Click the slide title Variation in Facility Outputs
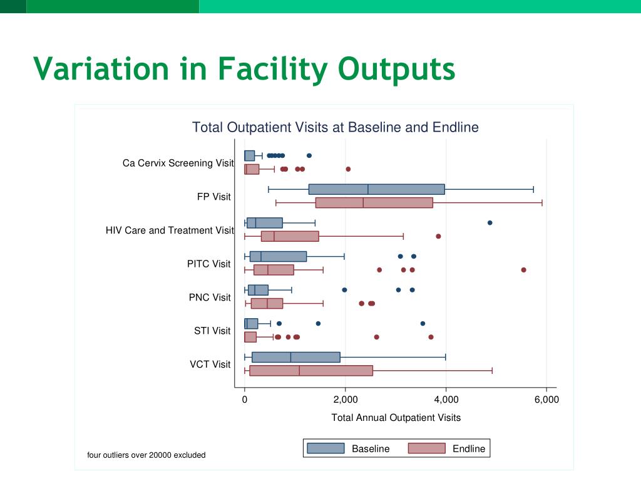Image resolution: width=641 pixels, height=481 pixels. (244, 68)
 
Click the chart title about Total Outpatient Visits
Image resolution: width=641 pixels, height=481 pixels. (335, 128)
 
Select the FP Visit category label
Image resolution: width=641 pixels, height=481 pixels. (213, 197)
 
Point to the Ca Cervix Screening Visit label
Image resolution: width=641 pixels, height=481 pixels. (178, 163)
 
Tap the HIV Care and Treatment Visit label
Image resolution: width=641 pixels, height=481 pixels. (170, 230)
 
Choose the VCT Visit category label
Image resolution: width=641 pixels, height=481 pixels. (210, 364)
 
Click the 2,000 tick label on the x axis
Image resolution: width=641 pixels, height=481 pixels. (345, 400)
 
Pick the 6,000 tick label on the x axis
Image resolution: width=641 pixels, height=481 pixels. (546, 400)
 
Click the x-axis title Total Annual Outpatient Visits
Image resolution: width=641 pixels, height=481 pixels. (396, 418)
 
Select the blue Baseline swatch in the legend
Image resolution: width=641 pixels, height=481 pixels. (325, 448)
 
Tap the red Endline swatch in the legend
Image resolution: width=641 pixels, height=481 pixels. (426, 448)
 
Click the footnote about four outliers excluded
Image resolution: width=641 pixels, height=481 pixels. (146, 455)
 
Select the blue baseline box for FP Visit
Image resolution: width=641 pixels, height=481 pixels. (376, 189)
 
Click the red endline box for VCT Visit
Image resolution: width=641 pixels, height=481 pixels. (310, 370)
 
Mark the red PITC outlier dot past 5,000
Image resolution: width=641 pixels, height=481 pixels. (523, 270)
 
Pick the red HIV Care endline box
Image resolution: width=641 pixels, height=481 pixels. (290, 236)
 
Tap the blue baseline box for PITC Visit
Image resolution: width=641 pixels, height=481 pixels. (278, 256)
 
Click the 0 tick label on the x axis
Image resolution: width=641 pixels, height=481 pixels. (245, 400)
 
